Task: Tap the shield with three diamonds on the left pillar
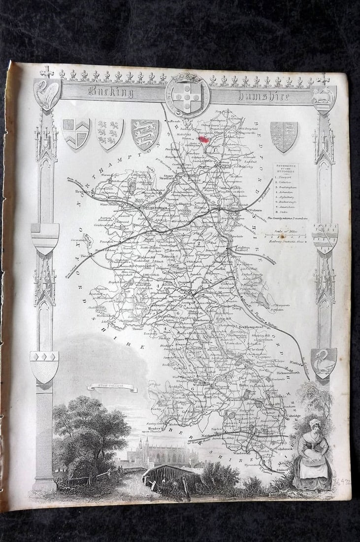tap(44, 366)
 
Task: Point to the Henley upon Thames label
tap(156, 431)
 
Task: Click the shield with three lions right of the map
tap(284, 135)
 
